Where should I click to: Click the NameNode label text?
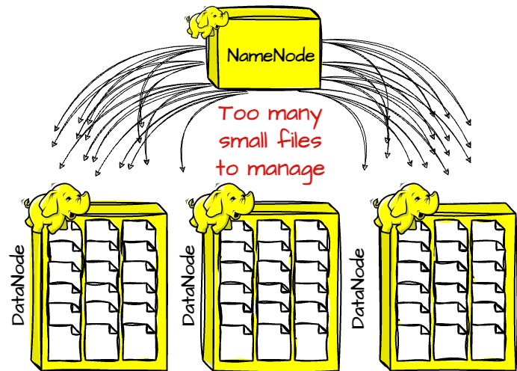tap(270, 55)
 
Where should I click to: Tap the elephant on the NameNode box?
tap(207, 22)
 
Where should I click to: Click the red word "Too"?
tap(240, 113)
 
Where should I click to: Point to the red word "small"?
tap(243, 140)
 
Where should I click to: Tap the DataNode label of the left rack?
tap(18, 285)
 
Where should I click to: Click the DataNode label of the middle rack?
tap(188, 285)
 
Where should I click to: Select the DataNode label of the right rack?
tap(358, 288)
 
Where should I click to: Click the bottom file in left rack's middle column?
tap(102, 342)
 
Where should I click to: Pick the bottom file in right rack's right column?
tap(489, 342)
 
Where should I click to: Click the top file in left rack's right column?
tap(139, 231)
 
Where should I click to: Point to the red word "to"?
tap(227, 168)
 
